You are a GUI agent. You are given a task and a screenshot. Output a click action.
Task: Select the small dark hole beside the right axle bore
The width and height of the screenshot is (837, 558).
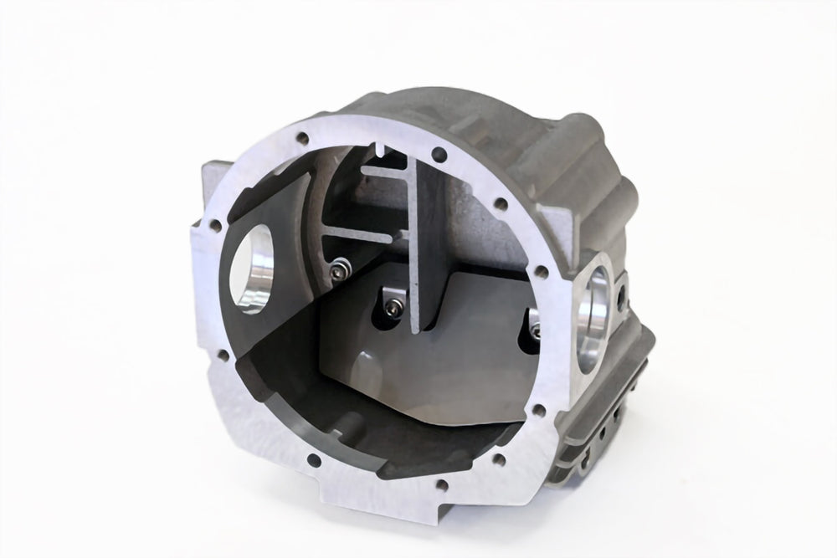(x=621, y=295)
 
